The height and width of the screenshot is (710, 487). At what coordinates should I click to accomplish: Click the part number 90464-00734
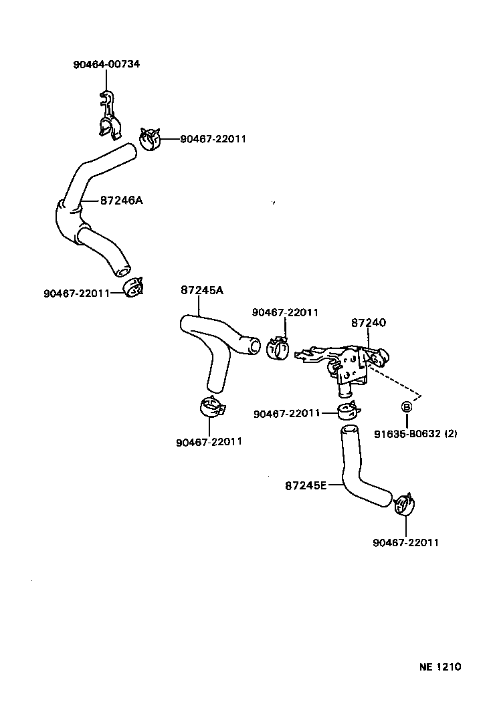pyautogui.click(x=106, y=64)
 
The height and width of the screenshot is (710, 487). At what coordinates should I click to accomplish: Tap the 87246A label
pyautogui.click(x=122, y=200)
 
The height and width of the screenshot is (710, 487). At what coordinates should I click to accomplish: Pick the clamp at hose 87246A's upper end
pyautogui.click(x=151, y=140)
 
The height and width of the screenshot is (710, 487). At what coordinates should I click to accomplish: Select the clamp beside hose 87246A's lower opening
pyautogui.click(x=135, y=288)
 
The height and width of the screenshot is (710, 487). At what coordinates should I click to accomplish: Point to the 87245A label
pyautogui.click(x=201, y=289)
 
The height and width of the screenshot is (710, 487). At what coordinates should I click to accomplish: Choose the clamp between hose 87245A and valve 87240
pyautogui.click(x=278, y=348)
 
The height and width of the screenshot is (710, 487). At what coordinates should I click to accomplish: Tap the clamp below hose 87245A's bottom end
pyautogui.click(x=211, y=407)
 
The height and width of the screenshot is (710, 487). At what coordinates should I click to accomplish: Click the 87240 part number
pyautogui.click(x=369, y=322)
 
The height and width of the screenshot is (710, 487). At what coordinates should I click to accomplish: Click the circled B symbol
pyautogui.click(x=406, y=406)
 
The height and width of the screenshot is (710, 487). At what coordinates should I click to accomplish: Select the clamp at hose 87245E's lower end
pyautogui.click(x=404, y=505)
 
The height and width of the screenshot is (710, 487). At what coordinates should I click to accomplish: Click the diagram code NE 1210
pyautogui.click(x=440, y=667)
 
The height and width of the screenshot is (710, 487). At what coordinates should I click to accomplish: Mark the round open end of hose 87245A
pyautogui.click(x=252, y=346)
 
